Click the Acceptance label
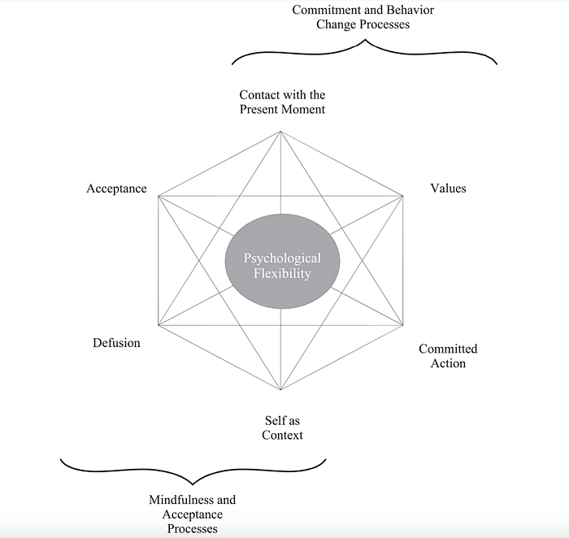click(116, 189)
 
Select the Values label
click(448, 189)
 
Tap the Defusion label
click(116, 343)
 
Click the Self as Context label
click(283, 427)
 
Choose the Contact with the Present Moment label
click(282, 102)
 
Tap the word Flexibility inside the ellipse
click(283, 274)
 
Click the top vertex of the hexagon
click(281, 132)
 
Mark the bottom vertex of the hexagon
click(281, 390)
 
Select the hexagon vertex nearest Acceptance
click(159, 196)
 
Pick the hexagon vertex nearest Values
click(403, 196)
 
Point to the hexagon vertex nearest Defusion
click(159, 325)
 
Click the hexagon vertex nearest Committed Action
click(403, 325)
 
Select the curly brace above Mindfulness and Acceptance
click(193, 471)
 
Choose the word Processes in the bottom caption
click(193, 529)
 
